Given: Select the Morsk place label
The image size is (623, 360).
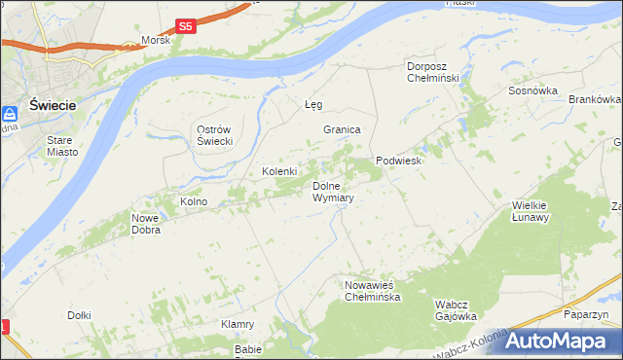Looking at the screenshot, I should [156, 41].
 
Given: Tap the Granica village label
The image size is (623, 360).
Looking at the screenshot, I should [342, 129].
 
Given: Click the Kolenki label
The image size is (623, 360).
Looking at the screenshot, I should [279, 171].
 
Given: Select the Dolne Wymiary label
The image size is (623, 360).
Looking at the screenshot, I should [333, 192].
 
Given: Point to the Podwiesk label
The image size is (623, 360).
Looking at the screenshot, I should [398, 162].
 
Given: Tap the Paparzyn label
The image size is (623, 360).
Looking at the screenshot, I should [585, 314].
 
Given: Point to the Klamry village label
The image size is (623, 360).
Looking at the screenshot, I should [238, 324].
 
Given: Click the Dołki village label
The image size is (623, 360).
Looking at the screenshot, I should [79, 315].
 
